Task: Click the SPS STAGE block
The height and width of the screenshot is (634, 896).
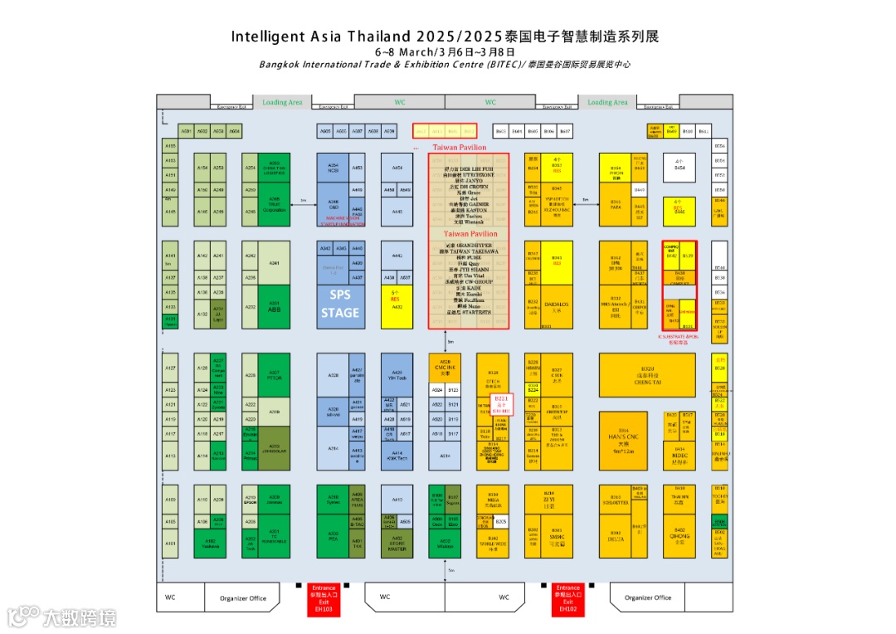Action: coord(340,304)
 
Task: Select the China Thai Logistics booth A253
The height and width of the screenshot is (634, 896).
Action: coord(274,166)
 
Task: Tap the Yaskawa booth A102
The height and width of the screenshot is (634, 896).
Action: coord(210,543)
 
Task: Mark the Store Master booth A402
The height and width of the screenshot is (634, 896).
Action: coord(397,543)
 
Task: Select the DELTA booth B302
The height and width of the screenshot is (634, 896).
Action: coord(616,536)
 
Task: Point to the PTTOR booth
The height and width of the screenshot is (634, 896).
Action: coord(274,375)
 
